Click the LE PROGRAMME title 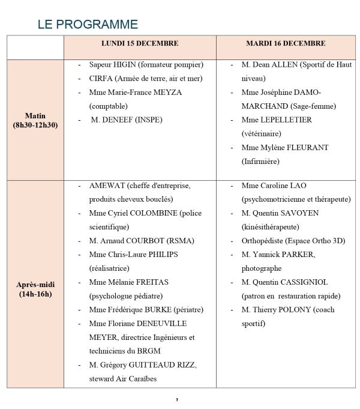point(88,25)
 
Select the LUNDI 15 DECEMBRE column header point(139,44)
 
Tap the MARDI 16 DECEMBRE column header point(286,44)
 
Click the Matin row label point(35,116)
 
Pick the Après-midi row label point(35,284)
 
